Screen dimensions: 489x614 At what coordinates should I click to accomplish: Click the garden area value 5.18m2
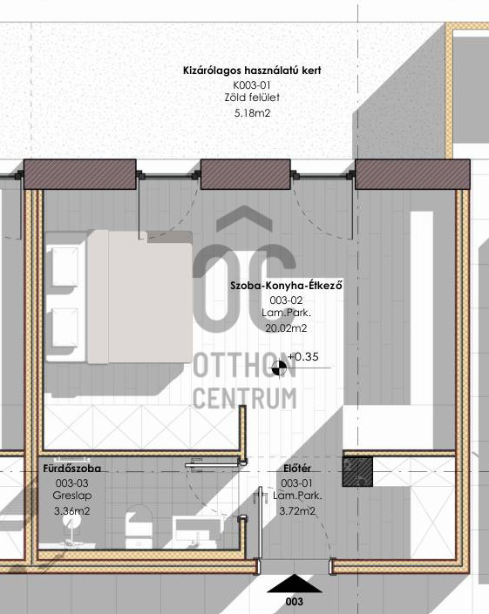[x=252, y=113]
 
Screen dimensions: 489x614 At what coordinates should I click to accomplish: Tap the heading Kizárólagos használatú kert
[x=252, y=71]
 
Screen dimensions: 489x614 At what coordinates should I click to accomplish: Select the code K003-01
[x=252, y=85]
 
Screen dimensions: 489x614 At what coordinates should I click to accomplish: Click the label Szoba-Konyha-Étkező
[x=287, y=285]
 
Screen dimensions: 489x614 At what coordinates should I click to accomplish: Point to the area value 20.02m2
[x=286, y=328]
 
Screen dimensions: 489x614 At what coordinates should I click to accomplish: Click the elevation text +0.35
[x=302, y=357]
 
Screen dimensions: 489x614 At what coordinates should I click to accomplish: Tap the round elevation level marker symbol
[x=279, y=368]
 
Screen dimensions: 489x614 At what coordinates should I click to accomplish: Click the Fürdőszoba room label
[x=72, y=469]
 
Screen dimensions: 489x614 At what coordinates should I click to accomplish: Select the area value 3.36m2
[x=72, y=511]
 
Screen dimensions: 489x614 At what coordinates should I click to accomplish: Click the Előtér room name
[x=297, y=469]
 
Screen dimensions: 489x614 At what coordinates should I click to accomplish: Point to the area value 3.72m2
[x=297, y=511]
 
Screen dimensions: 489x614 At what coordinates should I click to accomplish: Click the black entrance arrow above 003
[x=295, y=584]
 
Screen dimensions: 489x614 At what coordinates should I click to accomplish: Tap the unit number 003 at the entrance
[x=295, y=602]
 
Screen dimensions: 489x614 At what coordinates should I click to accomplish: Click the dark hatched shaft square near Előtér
[x=357, y=472]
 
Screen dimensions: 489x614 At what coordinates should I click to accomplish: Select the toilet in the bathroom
[x=139, y=527]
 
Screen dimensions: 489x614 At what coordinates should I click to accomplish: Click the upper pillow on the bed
[x=65, y=267]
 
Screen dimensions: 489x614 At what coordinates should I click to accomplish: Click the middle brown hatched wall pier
[x=246, y=174]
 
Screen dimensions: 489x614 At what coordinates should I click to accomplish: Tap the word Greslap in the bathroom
[x=72, y=496]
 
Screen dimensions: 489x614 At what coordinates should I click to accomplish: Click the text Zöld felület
[x=252, y=98]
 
